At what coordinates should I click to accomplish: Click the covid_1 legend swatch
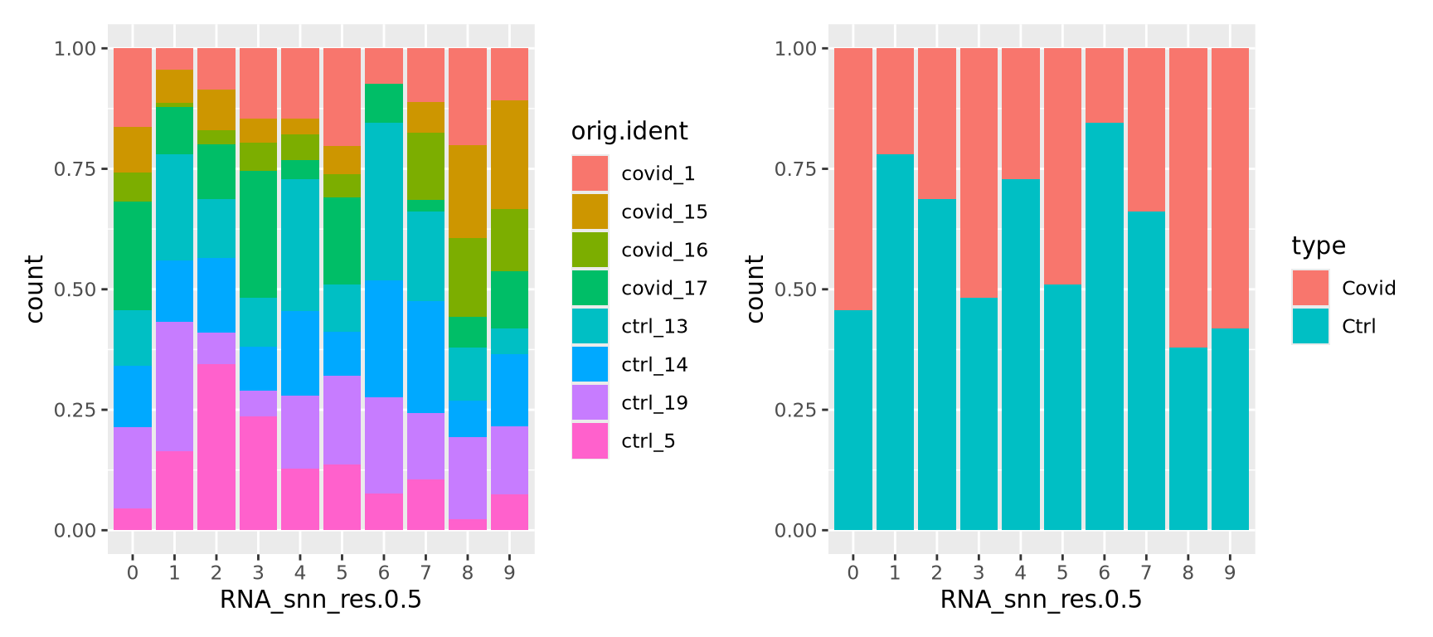590,173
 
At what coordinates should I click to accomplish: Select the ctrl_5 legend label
648,441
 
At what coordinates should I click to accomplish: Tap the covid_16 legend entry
663,250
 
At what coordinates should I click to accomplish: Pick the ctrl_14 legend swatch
590,365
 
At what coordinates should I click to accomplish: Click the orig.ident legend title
629,131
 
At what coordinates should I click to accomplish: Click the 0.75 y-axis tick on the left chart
75,169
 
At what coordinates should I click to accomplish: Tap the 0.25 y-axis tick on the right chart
795,410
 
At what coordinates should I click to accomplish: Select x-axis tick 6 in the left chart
383,572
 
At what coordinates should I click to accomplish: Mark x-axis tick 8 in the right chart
1188,572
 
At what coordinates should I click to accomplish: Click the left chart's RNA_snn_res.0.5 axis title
320,600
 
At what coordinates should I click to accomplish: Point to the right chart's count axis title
755,289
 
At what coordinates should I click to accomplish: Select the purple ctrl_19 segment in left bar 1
174,386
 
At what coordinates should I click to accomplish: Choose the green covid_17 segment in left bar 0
133,255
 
